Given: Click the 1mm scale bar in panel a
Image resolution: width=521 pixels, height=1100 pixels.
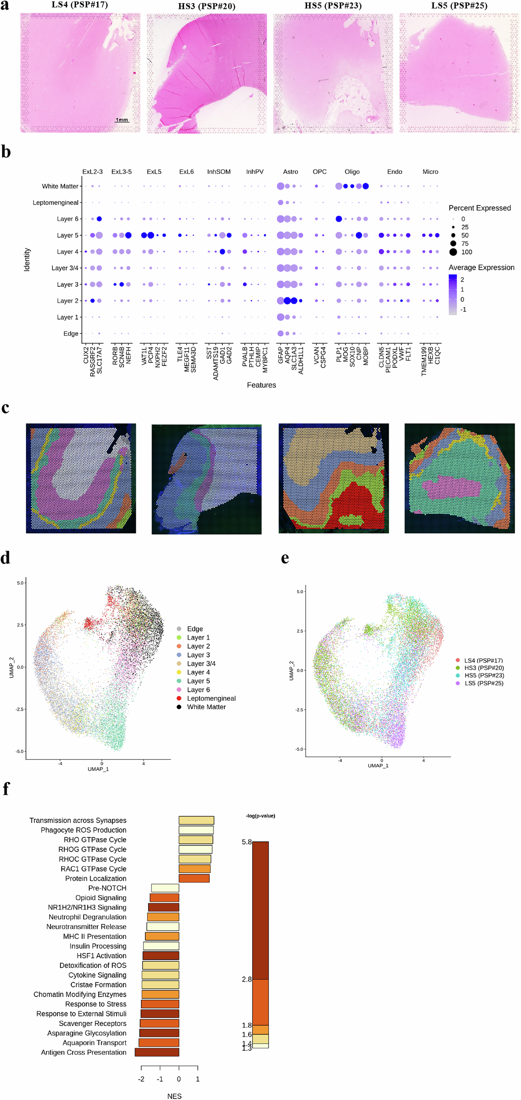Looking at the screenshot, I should [122, 120].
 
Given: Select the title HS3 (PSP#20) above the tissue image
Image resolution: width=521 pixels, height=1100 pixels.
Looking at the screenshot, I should [206, 6].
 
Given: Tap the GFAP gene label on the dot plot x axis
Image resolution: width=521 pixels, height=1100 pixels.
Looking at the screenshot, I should [281, 355].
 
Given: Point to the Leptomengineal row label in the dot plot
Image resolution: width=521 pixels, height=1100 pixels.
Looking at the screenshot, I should [55, 202].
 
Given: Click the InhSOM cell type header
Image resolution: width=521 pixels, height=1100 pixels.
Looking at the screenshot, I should [219, 172].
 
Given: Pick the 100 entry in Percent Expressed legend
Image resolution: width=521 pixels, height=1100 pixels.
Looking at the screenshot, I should [466, 252].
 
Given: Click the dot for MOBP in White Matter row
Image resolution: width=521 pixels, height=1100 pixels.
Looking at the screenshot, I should [366, 186].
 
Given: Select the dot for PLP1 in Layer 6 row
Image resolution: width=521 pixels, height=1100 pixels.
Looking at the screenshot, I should [339, 219].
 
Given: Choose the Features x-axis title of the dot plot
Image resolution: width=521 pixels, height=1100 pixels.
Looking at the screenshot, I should [261, 385].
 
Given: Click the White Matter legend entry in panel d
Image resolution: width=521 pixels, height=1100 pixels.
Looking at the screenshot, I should [206, 707].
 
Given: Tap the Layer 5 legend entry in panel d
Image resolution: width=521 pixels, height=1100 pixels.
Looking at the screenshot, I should [198, 681].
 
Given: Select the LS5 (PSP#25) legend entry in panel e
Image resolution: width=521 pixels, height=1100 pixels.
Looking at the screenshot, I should [484, 683].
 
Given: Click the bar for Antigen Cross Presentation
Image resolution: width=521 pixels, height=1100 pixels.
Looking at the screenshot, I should [157, 1052].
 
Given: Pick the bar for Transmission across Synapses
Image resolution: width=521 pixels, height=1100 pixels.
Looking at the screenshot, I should [196, 820].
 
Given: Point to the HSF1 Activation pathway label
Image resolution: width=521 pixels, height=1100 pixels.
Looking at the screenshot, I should [101, 956].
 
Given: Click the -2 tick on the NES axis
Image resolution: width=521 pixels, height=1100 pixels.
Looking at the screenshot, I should [141, 1079].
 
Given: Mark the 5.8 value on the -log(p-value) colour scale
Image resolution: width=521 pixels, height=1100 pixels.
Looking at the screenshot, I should [246, 842].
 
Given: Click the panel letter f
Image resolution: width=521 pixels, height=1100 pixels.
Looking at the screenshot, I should [6, 789].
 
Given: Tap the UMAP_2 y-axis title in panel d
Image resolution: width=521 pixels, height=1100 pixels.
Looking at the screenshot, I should [12, 667].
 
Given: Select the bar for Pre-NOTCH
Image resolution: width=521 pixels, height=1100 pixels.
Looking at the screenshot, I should [165, 888].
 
